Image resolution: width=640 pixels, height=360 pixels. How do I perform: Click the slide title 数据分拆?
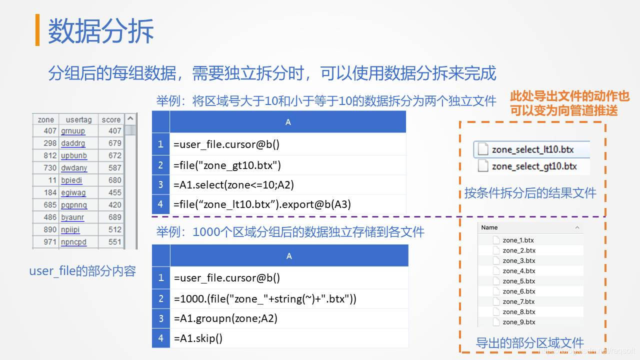pos(100,30)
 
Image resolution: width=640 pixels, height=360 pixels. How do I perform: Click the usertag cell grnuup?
pos(73,131)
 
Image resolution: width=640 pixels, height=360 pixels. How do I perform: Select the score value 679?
pos(114,143)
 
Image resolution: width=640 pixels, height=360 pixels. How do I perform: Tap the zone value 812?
pos(49,155)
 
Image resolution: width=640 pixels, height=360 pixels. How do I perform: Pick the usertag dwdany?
pos(73,168)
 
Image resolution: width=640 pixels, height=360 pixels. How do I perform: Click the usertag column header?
pos(78,119)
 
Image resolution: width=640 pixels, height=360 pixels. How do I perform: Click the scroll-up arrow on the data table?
pos(130,119)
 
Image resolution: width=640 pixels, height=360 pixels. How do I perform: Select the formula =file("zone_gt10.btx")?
pos(227,165)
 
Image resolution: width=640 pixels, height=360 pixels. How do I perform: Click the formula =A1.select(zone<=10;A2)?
pos(233,184)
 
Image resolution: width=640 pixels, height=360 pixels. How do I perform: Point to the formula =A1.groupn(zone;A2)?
pos(225,318)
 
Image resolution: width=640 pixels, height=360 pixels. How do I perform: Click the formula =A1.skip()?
pos(198,338)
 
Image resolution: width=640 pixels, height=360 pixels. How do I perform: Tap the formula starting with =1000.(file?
pos(265,299)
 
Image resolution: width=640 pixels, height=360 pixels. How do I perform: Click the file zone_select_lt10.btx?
pos(532,149)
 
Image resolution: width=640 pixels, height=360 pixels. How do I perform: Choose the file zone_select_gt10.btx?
pos(533,166)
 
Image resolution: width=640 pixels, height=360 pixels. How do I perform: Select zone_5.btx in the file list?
pos(518,281)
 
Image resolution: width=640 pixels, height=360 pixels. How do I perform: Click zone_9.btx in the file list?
pos(518,322)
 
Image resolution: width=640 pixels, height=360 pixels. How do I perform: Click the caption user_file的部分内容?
pos(82,271)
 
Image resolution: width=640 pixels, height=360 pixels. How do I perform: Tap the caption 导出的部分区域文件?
pos(529,343)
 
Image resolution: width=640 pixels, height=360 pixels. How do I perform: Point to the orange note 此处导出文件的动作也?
pos(569,96)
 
